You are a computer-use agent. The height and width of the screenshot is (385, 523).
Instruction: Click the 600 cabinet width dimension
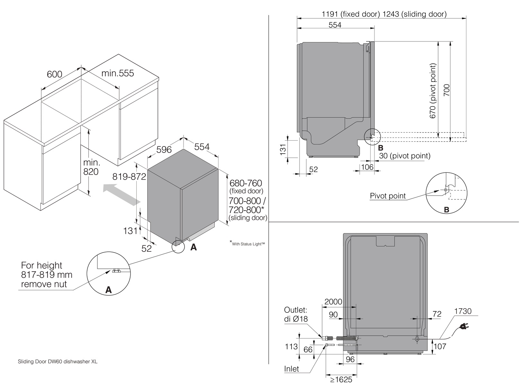tap(54, 74)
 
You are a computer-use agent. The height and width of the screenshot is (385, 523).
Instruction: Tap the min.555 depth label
tap(118, 74)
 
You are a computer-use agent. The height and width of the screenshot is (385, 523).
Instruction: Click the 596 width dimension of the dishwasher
tap(164, 150)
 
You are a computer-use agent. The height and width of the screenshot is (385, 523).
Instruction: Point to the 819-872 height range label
tap(129, 177)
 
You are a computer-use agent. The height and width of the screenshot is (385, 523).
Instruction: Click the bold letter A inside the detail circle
tap(109, 290)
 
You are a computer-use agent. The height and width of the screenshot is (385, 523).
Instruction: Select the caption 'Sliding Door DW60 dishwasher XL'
tap(58, 362)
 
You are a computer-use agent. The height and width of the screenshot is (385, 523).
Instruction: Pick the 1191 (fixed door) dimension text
tap(351, 14)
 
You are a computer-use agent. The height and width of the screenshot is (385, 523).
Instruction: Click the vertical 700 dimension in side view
tap(447, 91)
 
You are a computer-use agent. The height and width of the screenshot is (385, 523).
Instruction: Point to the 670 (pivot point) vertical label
tap(433, 91)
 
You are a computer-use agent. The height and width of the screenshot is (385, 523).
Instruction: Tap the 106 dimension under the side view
tap(367, 167)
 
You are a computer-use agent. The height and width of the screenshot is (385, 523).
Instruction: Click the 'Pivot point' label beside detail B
tap(388, 196)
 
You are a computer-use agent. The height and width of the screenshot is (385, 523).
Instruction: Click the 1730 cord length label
tap(463, 311)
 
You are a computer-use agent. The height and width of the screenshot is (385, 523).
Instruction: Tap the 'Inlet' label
tap(292, 369)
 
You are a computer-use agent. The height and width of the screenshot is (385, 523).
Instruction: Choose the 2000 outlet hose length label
tap(333, 302)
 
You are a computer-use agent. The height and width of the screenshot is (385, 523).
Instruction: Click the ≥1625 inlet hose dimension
tap(341, 380)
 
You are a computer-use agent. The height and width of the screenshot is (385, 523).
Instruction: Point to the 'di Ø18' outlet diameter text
tap(296, 319)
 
